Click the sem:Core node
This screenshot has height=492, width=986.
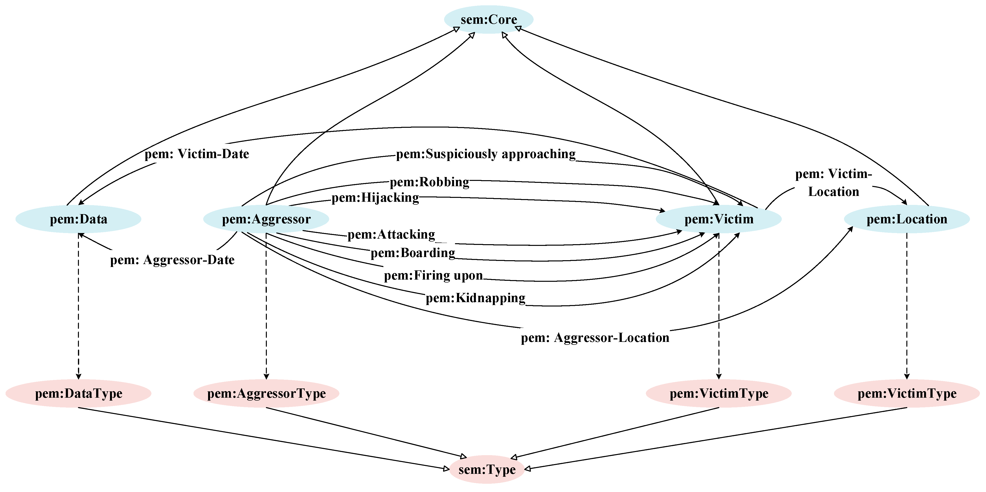pyautogui.click(x=489, y=19)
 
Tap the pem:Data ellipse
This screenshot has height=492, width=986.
pyautogui.click(x=78, y=219)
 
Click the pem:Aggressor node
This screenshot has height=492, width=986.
pyautogui.click(x=266, y=219)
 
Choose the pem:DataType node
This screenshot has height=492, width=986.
pyautogui.click(x=78, y=393)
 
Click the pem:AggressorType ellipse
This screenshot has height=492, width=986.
pyautogui.click(x=266, y=393)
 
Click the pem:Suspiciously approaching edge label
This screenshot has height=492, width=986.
pyautogui.click(x=485, y=154)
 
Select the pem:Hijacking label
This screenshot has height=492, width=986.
pyautogui.click(x=375, y=198)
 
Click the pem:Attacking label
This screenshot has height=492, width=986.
pyautogui.click(x=391, y=234)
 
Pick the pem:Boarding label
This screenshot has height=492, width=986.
pyautogui.click(x=413, y=253)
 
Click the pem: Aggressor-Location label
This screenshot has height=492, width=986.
pyautogui.click(x=595, y=338)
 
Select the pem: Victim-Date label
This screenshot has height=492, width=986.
pyautogui.click(x=197, y=154)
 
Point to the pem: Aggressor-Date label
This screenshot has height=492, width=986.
pyautogui.click(x=172, y=260)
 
